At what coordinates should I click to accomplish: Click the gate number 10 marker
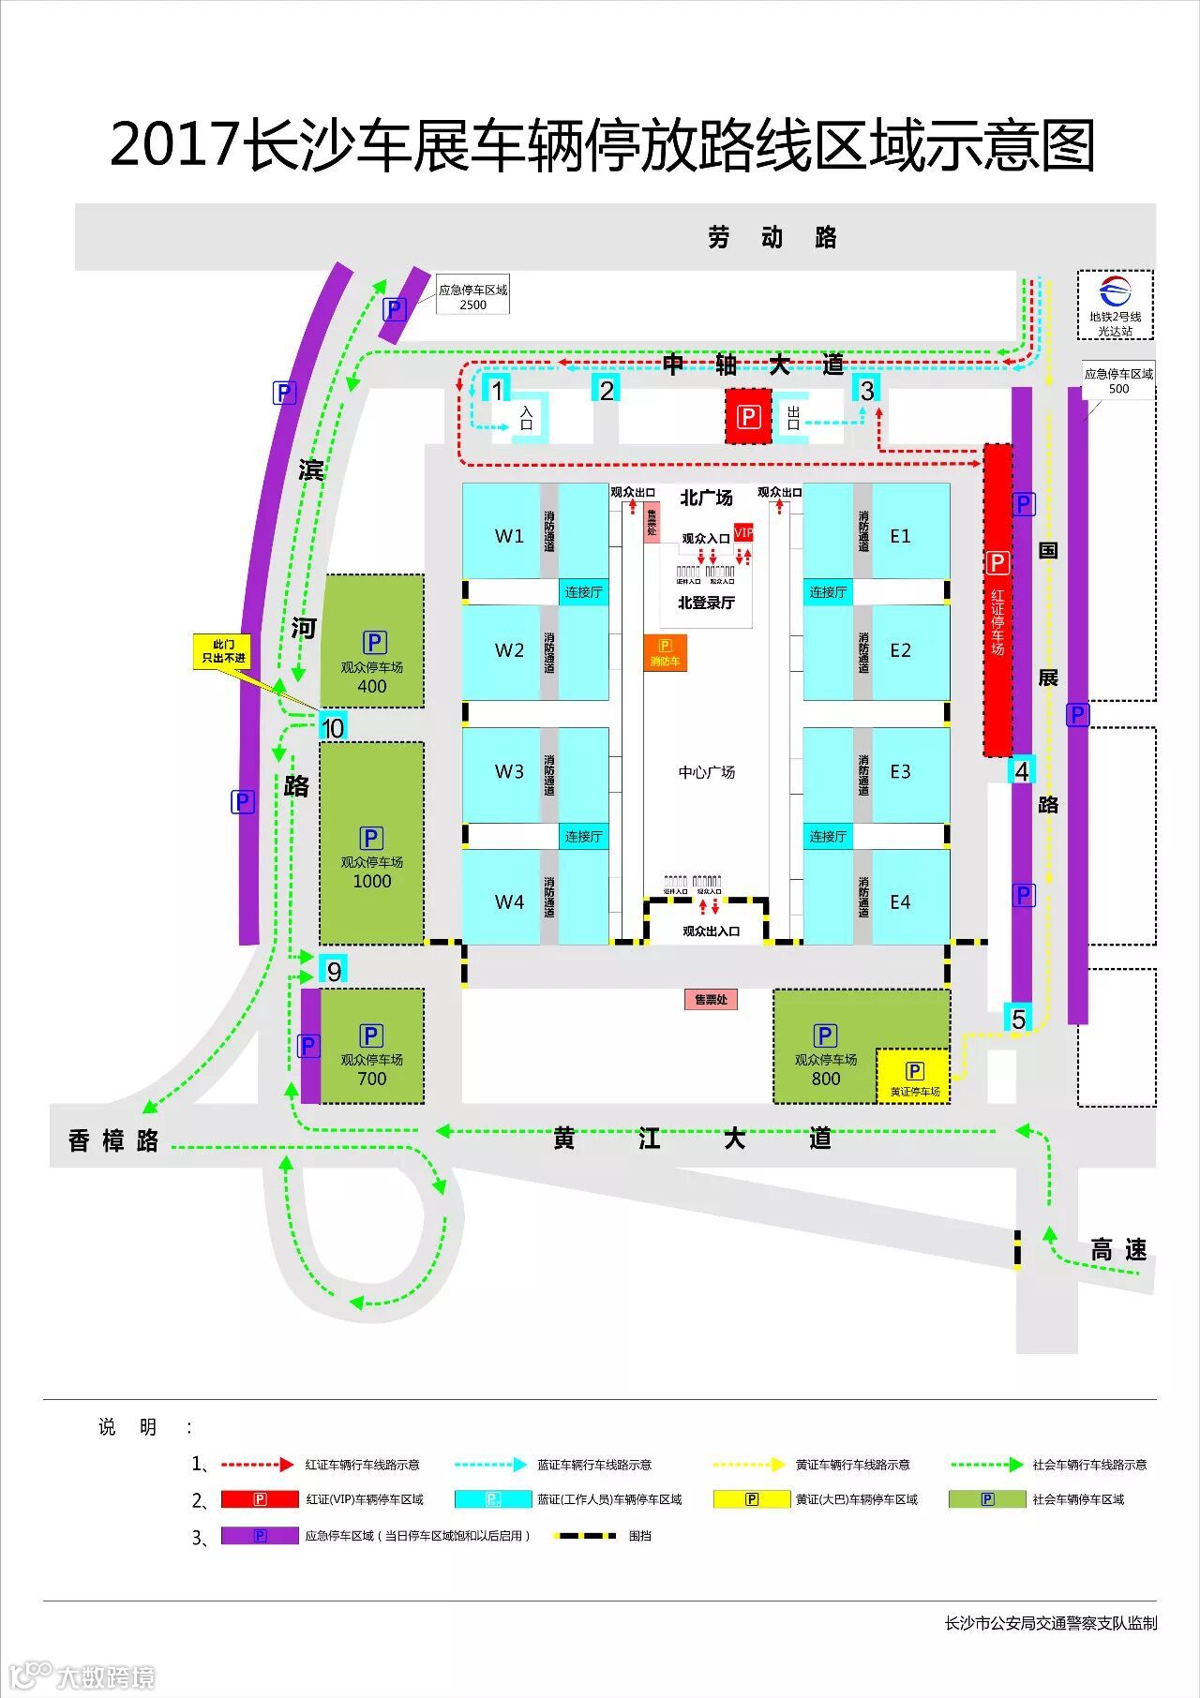click(x=333, y=728)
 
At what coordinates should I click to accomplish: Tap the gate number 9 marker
click(x=334, y=971)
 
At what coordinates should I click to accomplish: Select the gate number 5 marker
click(x=1019, y=1019)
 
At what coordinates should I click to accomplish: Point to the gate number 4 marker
click(x=1022, y=770)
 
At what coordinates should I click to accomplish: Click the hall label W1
click(x=509, y=536)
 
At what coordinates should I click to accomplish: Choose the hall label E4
click(x=900, y=901)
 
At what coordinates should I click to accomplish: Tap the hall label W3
click(x=509, y=771)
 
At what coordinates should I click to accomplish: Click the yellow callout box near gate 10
click(x=223, y=651)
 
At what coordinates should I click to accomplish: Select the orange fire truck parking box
click(x=665, y=653)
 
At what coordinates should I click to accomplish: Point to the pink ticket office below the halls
click(x=711, y=999)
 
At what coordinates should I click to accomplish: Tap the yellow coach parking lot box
click(x=914, y=1077)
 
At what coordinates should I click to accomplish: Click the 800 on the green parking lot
click(x=826, y=1079)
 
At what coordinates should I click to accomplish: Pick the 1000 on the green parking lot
click(x=372, y=881)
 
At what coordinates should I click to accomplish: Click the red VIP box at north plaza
click(x=743, y=532)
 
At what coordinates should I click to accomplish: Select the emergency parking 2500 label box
click(x=472, y=297)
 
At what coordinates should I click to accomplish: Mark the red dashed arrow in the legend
click(x=257, y=1464)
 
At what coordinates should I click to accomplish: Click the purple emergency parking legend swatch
click(x=260, y=1536)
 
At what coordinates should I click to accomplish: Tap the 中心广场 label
click(x=707, y=772)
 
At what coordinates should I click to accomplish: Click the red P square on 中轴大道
click(x=748, y=417)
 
